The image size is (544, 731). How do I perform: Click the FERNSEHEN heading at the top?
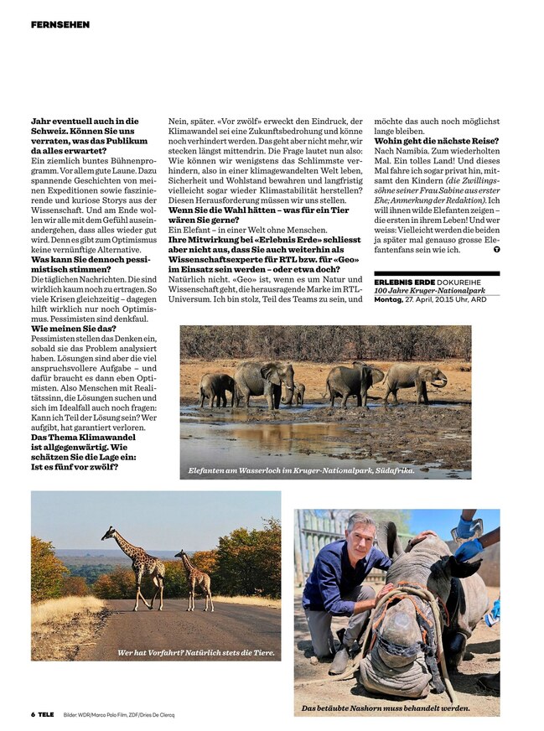coord(60,25)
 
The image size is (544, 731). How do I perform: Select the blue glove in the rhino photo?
coord(469,549)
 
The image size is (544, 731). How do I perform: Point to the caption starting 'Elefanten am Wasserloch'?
coord(302,470)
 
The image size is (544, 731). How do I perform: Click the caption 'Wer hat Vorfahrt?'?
coord(196,651)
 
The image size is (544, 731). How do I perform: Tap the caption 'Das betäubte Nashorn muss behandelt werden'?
coord(386,708)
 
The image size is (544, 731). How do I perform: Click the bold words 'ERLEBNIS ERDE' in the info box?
coord(404,282)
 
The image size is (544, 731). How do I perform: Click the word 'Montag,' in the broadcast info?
coord(388,298)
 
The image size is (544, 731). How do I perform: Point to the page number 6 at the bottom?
coord(33,714)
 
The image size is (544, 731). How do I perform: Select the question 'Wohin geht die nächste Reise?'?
coord(436,140)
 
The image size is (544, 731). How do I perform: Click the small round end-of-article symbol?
coord(496,249)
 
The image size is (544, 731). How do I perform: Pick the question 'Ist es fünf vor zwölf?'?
coord(74,466)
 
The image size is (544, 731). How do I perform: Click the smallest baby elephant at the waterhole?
coord(298,393)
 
